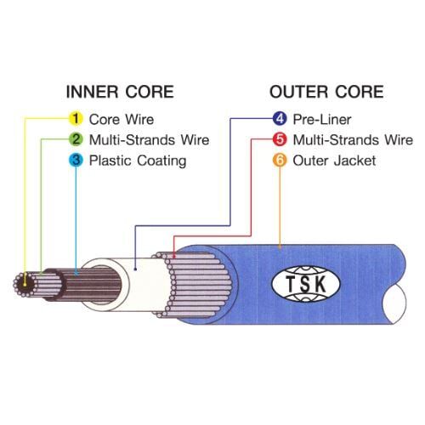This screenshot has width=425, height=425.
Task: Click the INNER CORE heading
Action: point(120,92)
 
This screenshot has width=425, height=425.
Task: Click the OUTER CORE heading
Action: point(326,92)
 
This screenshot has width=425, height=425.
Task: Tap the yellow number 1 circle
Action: point(76,118)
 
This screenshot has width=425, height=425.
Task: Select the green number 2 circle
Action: point(76,139)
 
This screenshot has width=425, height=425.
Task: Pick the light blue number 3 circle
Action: point(76,160)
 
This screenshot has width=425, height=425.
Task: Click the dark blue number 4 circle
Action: point(280,118)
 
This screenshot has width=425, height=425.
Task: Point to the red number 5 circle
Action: point(280,139)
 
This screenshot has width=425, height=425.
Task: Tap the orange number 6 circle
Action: point(280,160)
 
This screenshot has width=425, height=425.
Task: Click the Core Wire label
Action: point(122,119)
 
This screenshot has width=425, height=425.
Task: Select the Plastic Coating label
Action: point(138,161)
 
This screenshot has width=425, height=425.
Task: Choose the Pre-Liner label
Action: point(322,119)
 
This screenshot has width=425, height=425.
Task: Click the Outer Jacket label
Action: point(334,161)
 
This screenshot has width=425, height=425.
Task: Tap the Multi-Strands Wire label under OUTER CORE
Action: point(353,140)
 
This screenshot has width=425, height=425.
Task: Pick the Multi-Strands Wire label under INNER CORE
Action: point(150,140)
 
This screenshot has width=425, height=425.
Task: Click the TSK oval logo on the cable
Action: point(306,284)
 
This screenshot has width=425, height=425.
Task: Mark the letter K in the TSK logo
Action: point(320,284)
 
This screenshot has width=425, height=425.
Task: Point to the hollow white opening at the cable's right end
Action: point(395,303)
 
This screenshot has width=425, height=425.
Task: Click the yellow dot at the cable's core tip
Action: point(25,284)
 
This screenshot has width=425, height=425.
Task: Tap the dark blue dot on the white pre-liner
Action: point(135,269)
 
